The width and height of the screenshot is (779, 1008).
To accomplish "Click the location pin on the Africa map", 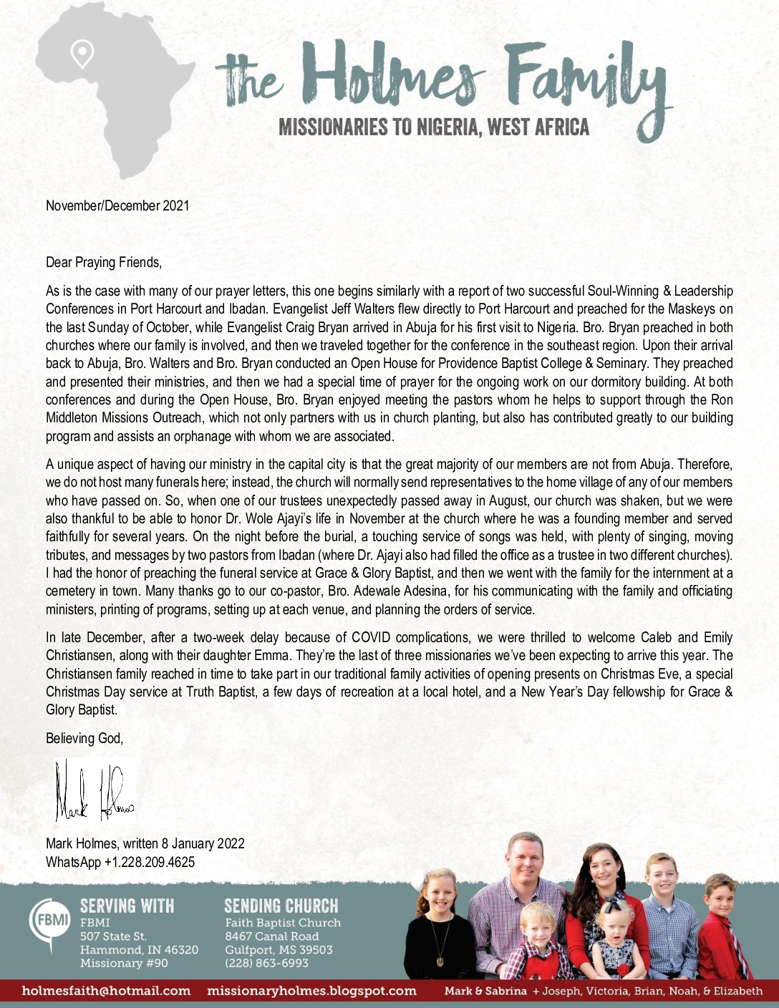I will pyautogui.click(x=83, y=53).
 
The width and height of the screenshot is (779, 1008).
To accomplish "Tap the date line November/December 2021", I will pyautogui.click(x=117, y=206).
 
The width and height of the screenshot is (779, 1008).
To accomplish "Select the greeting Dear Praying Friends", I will pyautogui.click(x=104, y=263).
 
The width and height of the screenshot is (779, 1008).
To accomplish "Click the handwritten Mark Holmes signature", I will pyautogui.click(x=93, y=792).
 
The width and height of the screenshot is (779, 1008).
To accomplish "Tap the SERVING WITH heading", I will pyautogui.click(x=127, y=906).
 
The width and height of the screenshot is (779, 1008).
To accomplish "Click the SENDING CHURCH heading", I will pyautogui.click(x=281, y=906).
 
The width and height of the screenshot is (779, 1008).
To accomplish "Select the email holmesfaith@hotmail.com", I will pyautogui.click(x=107, y=992).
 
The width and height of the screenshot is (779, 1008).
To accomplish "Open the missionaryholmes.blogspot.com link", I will pyautogui.click(x=311, y=992).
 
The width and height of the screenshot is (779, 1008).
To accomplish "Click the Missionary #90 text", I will pyautogui.click(x=124, y=964).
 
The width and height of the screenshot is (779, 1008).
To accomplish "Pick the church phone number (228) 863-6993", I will pyautogui.click(x=266, y=964).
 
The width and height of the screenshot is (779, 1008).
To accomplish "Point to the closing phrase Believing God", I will pyautogui.click(x=84, y=739).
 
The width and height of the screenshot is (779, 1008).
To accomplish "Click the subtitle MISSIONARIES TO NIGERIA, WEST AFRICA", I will pyautogui.click(x=434, y=128).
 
